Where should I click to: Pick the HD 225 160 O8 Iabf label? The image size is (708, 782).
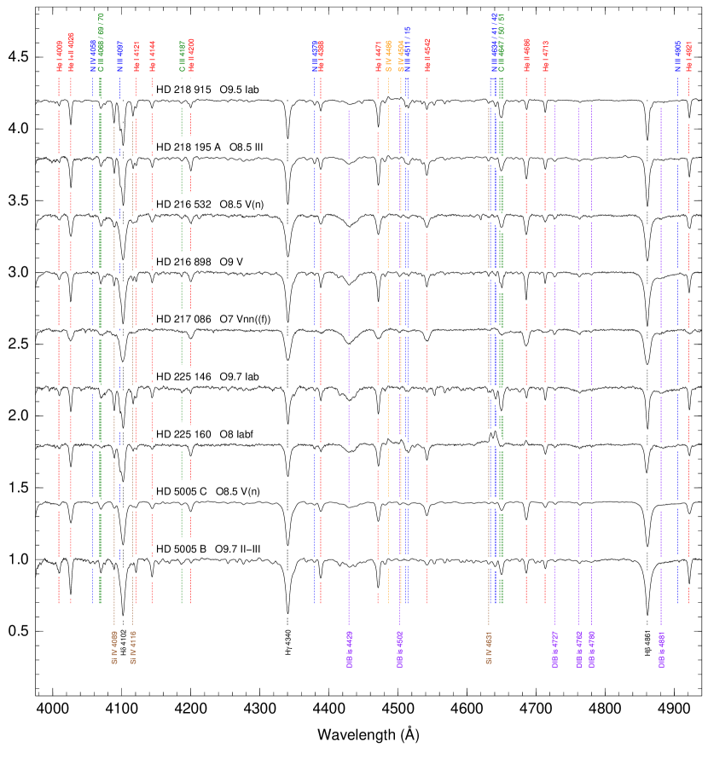pyautogui.click(x=213, y=434)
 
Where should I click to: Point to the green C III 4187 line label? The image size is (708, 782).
pyautogui.click(x=182, y=55)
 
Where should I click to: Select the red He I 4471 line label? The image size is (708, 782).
pyautogui.click(x=378, y=56)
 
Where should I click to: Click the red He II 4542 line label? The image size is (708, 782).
pyautogui.click(x=427, y=55)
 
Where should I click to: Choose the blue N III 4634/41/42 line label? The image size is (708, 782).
pyautogui.click(x=493, y=43)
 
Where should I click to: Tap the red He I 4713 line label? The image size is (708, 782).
pyautogui.click(x=546, y=55)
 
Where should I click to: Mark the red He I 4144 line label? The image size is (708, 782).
pyautogui.click(x=153, y=56)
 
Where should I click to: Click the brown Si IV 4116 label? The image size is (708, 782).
pyautogui.click(x=132, y=646)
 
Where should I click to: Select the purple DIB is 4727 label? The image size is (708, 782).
pyautogui.click(x=555, y=649)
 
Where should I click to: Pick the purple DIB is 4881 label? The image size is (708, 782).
pyautogui.click(x=661, y=649)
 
